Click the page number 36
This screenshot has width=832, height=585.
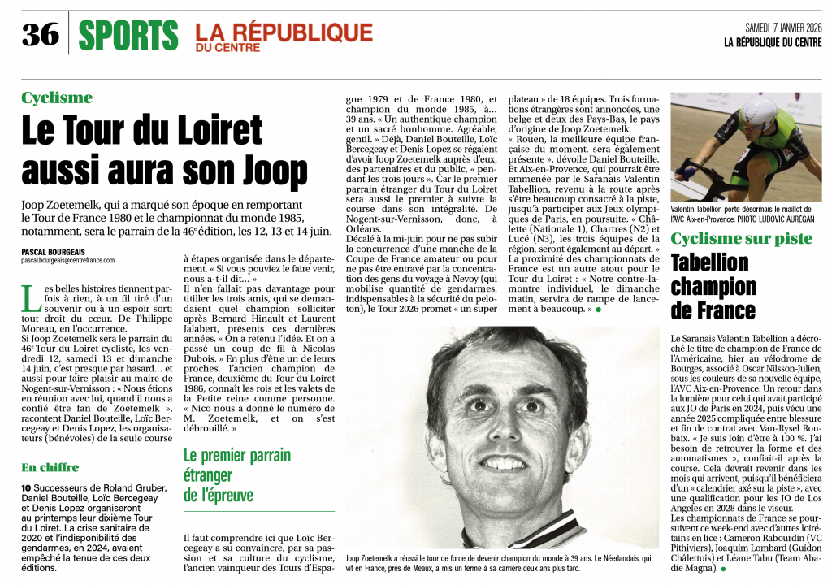pos(40,34)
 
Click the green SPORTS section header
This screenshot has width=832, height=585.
pos(128,34)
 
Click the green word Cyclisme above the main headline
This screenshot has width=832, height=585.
pos(57,98)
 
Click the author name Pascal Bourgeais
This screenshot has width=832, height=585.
pos(54,252)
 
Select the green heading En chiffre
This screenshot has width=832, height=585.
pos(50,467)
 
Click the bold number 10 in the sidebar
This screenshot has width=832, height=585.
pos(27,487)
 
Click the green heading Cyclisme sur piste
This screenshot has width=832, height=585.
pos(741,238)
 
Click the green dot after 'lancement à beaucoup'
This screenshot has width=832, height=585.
pos(599,310)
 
